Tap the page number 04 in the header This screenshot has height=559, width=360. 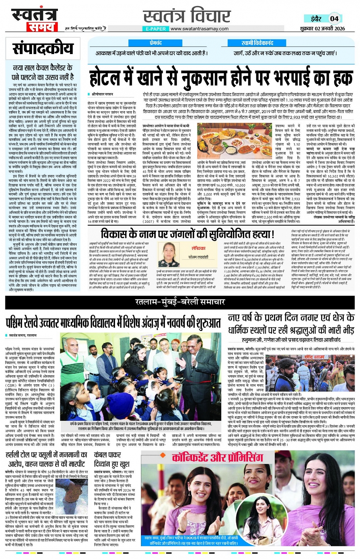pos(334,18)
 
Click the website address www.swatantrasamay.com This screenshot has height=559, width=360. pos(200,29)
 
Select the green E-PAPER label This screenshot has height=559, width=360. pos(156,29)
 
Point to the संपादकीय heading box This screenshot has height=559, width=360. pos(43,49)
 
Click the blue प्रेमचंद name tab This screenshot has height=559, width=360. pos(155,43)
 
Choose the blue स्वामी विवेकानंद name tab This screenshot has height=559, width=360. pos(257,43)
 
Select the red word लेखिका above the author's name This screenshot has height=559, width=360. pos(198,248)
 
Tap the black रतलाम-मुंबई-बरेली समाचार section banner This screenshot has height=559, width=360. pos(180,302)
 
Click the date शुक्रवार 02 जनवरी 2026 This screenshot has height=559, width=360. pos(322,29)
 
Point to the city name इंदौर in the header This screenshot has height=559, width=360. pos(315,19)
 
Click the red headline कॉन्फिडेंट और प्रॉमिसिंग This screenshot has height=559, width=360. pos(217,457)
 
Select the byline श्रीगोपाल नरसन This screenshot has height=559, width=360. pos(102,94)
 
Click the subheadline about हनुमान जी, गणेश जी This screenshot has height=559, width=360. pos(291,339)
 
